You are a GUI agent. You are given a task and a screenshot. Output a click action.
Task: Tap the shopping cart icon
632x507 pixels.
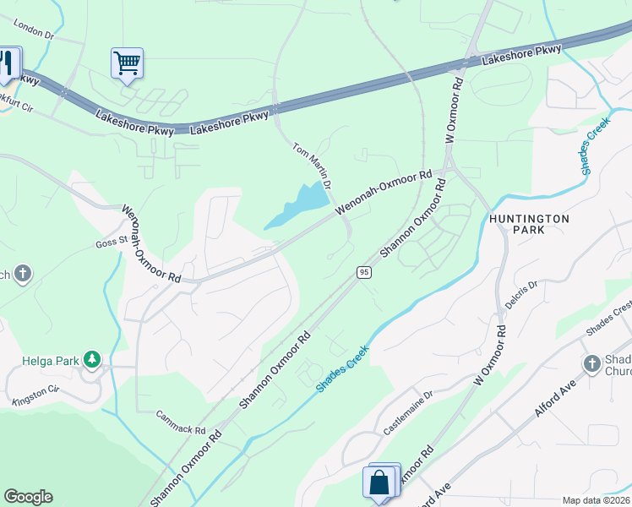(x=127, y=63)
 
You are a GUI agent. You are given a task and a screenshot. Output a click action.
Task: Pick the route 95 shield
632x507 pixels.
(x=363, y=271)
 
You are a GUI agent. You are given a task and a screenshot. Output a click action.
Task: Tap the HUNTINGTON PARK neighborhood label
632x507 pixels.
(x=529, y=224)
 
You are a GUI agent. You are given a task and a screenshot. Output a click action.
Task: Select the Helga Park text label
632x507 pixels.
(x=50, y=361)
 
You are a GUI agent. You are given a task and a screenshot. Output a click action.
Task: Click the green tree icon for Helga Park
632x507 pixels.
(x=91, y=361)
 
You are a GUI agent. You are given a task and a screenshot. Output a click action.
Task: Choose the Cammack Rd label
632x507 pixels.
(x=181, y=422)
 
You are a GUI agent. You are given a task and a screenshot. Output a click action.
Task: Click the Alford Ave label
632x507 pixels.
(x=554, y=400)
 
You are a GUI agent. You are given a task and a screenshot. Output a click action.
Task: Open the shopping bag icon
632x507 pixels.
(x=380, y=483)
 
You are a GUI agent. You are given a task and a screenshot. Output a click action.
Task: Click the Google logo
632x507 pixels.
(x=28, y=497)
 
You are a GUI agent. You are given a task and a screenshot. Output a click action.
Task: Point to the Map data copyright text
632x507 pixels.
(x=596, y=500)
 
